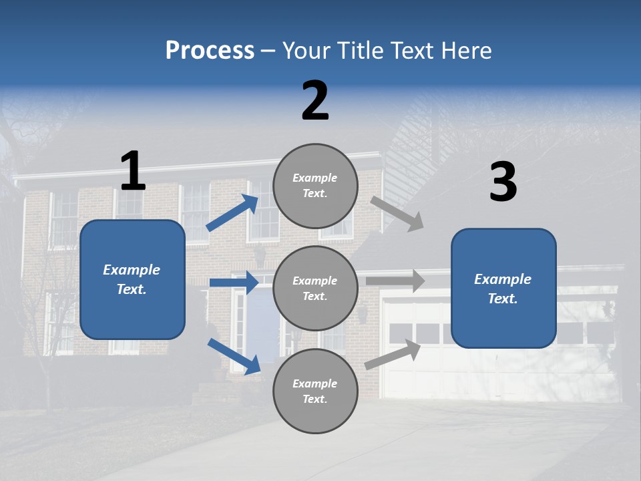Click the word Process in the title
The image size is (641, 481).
pos(210,51)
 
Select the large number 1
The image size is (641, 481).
pos(133,172)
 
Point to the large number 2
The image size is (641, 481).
pos(315,101)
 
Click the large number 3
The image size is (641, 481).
pos(503,182)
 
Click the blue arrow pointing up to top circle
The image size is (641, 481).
pos(232,213)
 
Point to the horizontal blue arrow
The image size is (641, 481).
pos(234,283)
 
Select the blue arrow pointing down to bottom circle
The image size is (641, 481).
pos(234,356)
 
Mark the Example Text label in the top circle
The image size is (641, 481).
pos(315,186)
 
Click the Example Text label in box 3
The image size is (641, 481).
pos(503,289)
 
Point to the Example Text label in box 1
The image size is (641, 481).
pos(132,279)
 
